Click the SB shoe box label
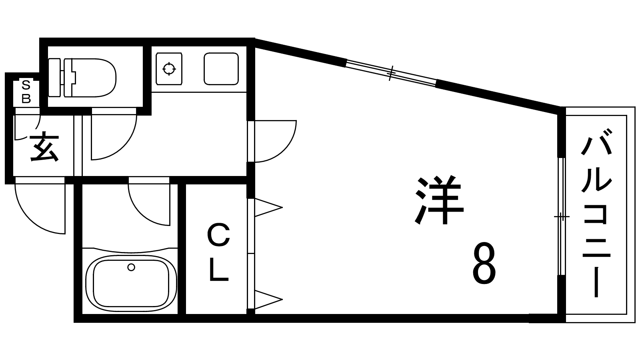[x=26, y=92]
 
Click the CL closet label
[x=218, y=253]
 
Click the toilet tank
[x=54, y=78]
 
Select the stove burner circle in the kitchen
[x=169, y=69]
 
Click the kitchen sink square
[x=221, y=69]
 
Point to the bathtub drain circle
[x=131, y=267]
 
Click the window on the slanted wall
[x=391, y=73]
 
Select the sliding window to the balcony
[x=561, y=217]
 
